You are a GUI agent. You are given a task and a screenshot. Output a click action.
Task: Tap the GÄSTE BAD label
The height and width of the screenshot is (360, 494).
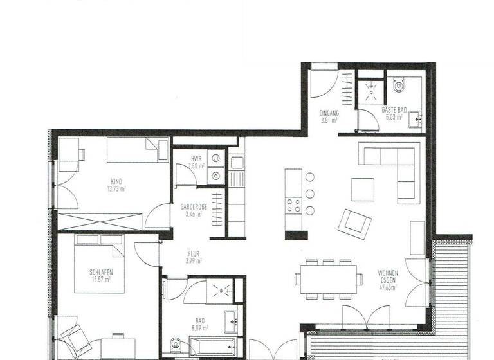[x=394, y=111]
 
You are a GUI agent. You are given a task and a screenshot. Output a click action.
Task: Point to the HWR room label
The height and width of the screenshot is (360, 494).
[x=196, y=158]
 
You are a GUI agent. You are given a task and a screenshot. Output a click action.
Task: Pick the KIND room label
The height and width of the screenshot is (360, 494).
[x=116, y=181]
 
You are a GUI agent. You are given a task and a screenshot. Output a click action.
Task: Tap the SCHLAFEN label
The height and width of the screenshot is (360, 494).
[x=102, y=273]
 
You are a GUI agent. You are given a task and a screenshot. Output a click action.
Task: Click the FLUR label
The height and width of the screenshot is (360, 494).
[x=194, y=253]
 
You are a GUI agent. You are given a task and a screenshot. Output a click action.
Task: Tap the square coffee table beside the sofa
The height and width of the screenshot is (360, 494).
[x=363, y=189]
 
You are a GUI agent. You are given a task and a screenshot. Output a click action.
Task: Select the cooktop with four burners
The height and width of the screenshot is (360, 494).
[x=293, y=206]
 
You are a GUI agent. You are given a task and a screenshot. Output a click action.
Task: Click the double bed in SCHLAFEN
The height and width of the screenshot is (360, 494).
[x=99, y=264]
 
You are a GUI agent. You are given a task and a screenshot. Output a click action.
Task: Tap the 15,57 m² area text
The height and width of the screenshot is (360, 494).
[x=101, y=280]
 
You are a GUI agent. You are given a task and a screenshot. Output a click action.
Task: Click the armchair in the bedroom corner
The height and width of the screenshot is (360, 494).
[x=75, y=339]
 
